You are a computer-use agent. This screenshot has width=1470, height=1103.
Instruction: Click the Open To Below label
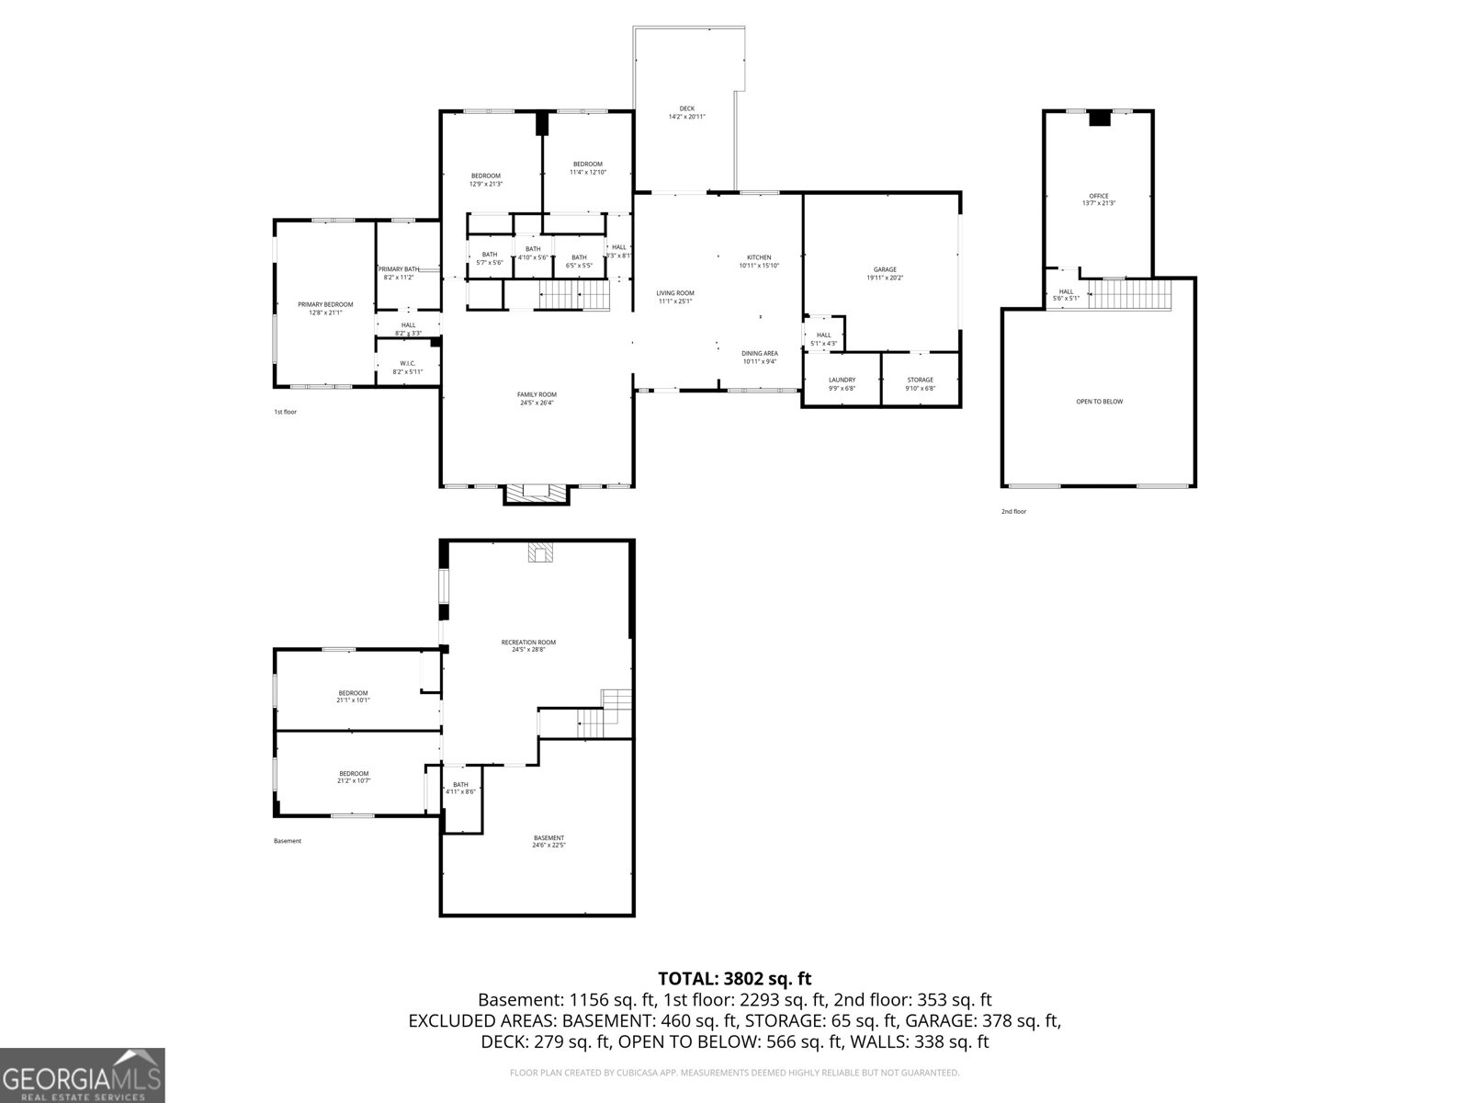[1099, 401]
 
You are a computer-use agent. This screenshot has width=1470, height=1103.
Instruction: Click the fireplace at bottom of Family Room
[536, 494]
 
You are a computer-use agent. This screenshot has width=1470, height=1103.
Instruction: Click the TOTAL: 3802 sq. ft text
[734, 979]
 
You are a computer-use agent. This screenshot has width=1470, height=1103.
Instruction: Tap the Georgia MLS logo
[82, 1075]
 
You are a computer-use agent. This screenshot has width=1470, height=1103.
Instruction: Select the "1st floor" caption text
[285, 412]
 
